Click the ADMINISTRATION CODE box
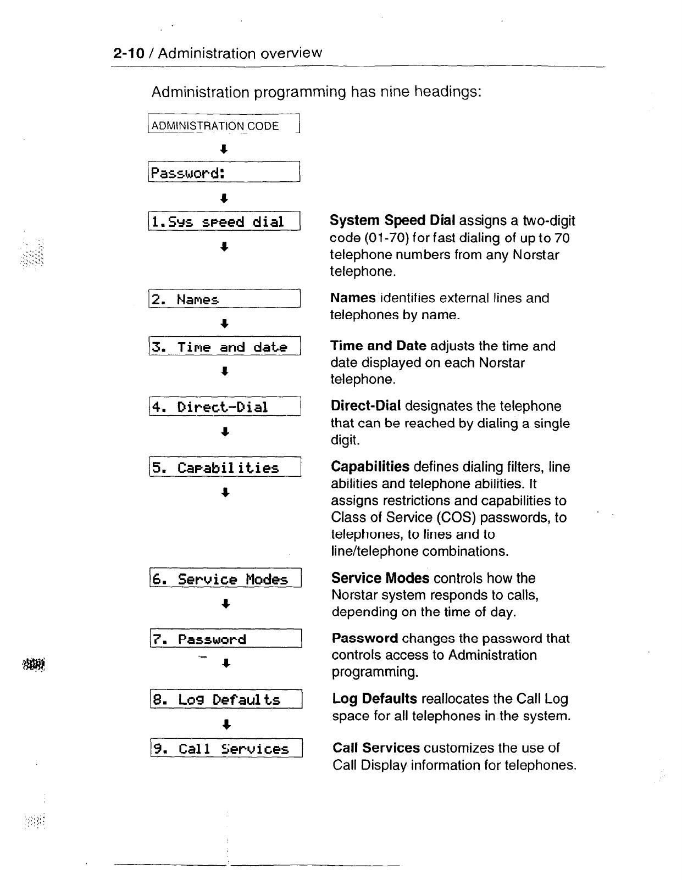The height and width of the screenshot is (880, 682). point(223,125)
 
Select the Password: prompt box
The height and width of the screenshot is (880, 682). point(223,173)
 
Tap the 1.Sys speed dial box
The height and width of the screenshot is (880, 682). point(224,221)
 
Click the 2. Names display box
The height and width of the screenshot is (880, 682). point(224,299)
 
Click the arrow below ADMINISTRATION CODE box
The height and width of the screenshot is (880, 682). point(224,149)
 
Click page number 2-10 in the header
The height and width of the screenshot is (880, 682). point(129,53)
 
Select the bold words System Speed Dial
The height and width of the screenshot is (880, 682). point(392,221)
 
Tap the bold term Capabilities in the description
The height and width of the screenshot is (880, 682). point(370,467)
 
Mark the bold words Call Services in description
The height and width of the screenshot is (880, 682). point(376,748)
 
